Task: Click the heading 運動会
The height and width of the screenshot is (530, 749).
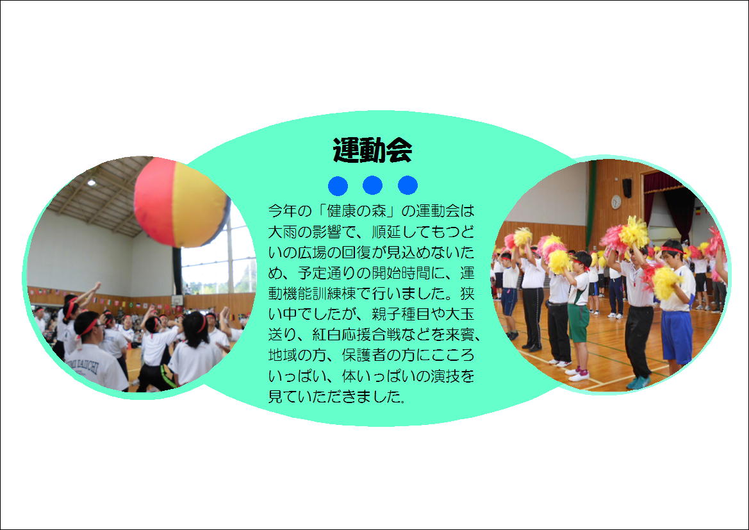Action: (373, 150)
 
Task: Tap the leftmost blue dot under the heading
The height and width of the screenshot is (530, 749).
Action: (338, 185)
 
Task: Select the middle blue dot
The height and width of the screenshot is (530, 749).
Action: (373, 185)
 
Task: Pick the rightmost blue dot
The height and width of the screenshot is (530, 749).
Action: (407, 185)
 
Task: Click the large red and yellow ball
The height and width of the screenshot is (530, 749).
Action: (181, 203)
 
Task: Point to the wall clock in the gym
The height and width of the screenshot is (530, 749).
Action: (616, 202)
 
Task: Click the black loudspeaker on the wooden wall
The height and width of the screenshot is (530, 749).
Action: (627, 188)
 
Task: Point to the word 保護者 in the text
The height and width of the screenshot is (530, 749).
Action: (363, 355)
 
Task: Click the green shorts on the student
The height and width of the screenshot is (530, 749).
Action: (578, 323)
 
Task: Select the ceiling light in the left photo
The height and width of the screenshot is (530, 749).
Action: (91, 182)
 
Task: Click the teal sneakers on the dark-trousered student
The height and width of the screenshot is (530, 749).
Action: (638, 383)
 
